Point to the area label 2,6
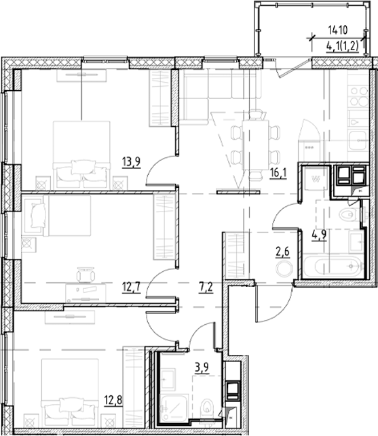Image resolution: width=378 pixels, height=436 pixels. [280, 255]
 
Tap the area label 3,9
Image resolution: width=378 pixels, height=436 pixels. [201, 369]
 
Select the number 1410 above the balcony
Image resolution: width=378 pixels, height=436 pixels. [337, 29]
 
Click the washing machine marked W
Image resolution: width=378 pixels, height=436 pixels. [315, 180]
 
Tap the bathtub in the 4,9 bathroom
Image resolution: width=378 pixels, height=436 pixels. [333, 266]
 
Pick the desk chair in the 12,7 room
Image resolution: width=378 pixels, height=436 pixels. [86, 277]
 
